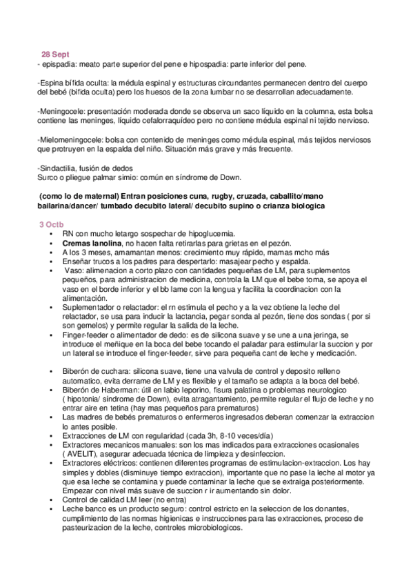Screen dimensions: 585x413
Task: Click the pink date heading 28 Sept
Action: [x=55, y=54]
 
